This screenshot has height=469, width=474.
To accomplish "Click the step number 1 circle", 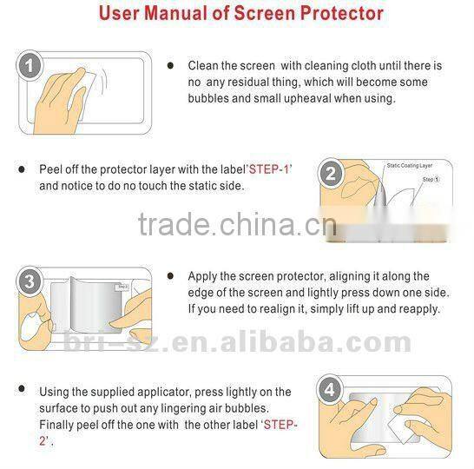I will point(31,65).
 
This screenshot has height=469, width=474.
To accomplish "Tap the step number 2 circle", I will point(331,174).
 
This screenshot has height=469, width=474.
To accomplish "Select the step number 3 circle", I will point(30,282).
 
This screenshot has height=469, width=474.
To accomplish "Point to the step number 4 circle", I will point(330,390).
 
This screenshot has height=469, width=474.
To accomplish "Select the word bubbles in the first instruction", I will point(211,98).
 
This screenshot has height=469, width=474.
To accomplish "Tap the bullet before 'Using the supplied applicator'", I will point(21,393).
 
